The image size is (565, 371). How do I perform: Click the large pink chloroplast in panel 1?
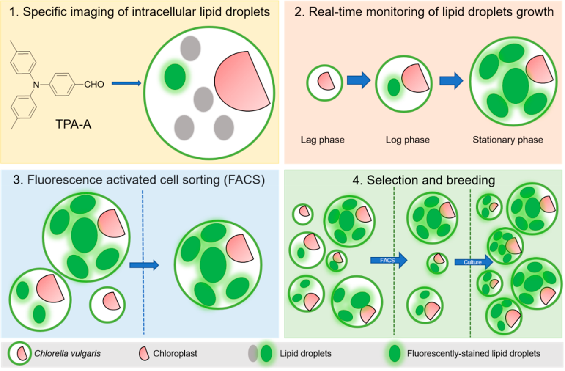tap(239, 80)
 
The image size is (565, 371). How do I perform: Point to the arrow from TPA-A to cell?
tap(126, 84)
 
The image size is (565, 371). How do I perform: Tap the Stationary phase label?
tap(505, 139)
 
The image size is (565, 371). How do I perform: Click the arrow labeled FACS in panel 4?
tap(388, 260)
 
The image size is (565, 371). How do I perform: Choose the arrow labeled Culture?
tap(473, 262)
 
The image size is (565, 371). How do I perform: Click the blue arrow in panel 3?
tap(144, 265)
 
